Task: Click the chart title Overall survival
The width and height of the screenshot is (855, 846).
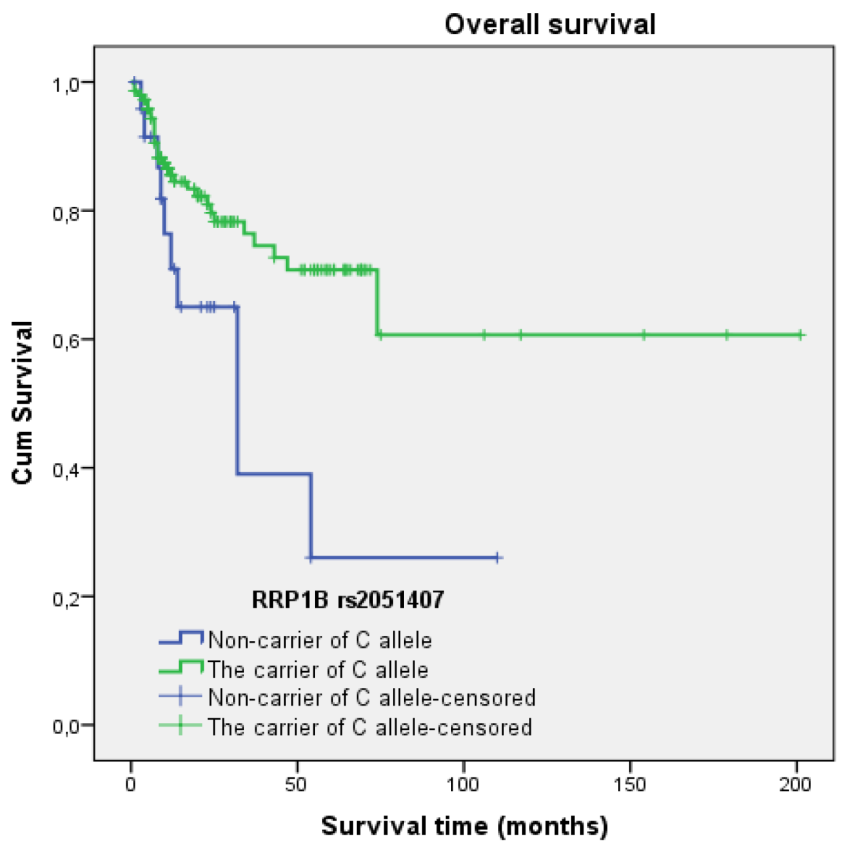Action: point(549,25)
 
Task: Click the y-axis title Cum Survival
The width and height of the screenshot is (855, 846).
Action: point(23,403)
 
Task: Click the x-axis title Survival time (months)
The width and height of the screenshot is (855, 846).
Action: point(464,826)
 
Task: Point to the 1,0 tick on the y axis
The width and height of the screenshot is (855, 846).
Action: point(65,83)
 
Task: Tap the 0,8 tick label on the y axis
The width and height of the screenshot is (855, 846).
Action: point(65,212)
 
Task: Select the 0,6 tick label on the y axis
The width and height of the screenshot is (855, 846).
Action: point(65,340)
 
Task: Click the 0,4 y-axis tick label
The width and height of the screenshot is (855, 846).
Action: point(65,469)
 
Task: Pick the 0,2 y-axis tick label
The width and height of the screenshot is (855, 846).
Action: point(65,598)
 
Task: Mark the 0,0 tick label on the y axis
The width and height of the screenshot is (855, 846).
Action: point(65,726)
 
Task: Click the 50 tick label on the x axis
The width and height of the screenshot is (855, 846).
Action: point(297,784)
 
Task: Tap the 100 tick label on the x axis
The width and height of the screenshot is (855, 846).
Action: point(464,784)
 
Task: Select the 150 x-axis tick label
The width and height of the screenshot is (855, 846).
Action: point(630,784)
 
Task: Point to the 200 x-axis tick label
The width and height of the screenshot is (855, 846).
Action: point(796,784)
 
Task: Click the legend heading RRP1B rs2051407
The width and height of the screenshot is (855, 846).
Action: point(348,600)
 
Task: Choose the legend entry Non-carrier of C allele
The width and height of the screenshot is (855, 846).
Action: point(319,640)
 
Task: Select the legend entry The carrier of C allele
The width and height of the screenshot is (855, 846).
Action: point(318,670)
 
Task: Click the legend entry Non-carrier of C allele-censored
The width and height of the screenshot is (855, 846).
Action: point(371,698)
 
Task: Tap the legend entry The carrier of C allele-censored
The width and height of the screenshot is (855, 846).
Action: point(369,727)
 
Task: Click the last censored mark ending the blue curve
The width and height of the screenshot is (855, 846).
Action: point(497,558)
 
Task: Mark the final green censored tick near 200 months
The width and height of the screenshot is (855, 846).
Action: point(800,335)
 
